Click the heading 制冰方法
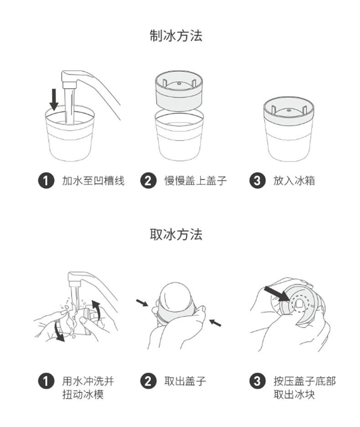pos(176,36)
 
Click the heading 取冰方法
pos(176,234)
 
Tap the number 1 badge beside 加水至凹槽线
pos(46,181)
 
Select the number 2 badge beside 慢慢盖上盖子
pos(148,181)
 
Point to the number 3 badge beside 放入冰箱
pos(257,181)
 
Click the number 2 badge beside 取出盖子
pos(148,381)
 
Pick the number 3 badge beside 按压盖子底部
pos(257,381)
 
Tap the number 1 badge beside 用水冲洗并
pos(46,381)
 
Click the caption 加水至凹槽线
pos(93,181)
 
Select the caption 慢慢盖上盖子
pos(195,181)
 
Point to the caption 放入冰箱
pos(294,181)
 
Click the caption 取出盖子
pos(185,381)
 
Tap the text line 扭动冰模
pos(83,394)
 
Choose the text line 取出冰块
pos(294,394)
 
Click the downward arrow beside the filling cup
pos(54,99)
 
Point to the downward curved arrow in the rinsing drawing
pos(59,333)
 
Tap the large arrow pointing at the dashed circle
pos(277,294)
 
